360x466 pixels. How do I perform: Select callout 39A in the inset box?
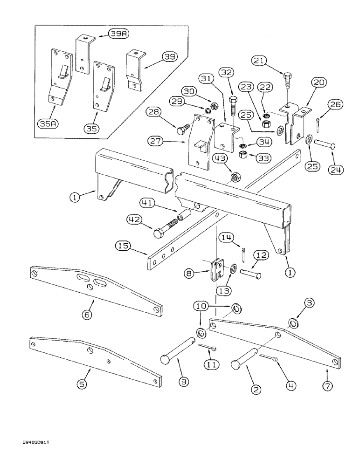pos(116,34)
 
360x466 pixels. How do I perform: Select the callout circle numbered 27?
pos(158,140)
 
